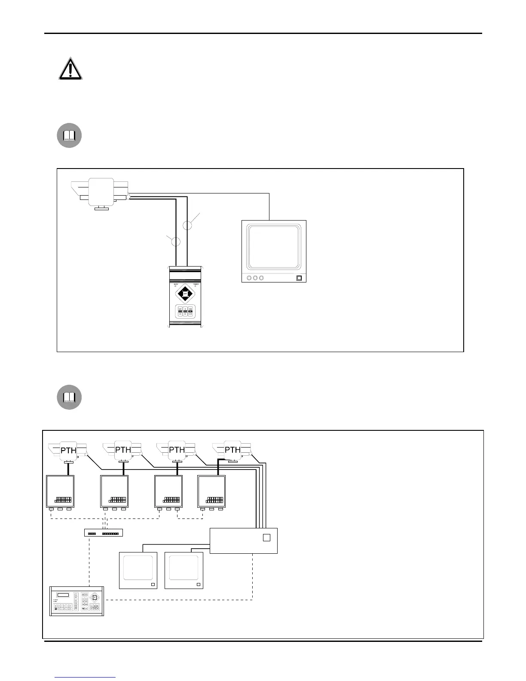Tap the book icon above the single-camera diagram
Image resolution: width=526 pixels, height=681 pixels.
pyautogui.click(x=69, y=136)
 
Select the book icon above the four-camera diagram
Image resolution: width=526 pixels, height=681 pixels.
pyautogui.click(x=69, y=398)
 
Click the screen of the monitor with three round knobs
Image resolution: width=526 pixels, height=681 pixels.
pyautogui.click(x=274, y=245)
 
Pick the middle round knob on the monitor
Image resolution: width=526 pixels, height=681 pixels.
pyautogui.click(x=255, y=277)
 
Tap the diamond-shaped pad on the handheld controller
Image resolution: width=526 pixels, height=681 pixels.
pyautogui.click(x=185, y=294)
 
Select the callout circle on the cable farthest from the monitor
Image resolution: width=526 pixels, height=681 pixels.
pyautogui.click(x=176, y=241)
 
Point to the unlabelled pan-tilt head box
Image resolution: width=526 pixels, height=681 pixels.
pyautogui.click(x=101, y=192)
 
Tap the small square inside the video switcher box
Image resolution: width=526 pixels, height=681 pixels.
pyautogui.click(x=266, y=537)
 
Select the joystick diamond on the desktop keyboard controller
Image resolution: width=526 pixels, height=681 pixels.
pyautogui.click(x=95, y=597)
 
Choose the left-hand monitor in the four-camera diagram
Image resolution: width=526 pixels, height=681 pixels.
pyautogui.click(x=138, y=571)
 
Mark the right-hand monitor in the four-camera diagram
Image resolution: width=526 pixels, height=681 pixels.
pyautogui.click(x=183, y=571)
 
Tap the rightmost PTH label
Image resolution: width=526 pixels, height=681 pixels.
pyautogui.click(x=232, y=450)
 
